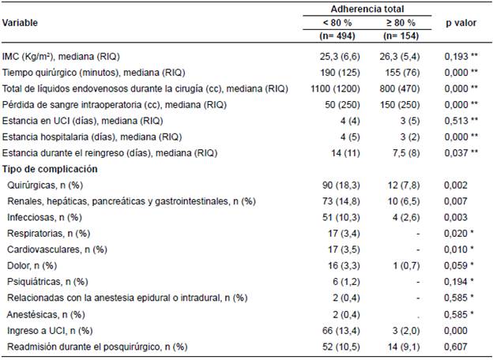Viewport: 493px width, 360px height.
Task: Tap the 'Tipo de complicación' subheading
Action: coord(51,169)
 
